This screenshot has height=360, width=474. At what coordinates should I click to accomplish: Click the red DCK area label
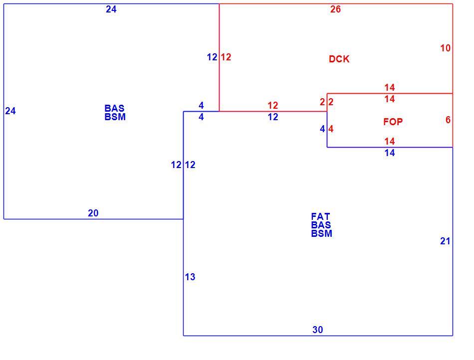pyautogui.click(x=339, y=59)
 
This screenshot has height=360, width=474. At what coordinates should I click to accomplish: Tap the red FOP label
pyautogui.click(x=393, y=122)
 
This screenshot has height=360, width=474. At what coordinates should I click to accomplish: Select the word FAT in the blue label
pyautogui.click(x=320, y=216)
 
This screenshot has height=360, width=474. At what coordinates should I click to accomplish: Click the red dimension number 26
pyautogui.click(x=335, y=9)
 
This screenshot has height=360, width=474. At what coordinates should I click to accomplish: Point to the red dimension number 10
pyautogui.click(x=445, y=48)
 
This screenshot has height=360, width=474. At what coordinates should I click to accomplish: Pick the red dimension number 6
pyautogui.click(x=448, y=120)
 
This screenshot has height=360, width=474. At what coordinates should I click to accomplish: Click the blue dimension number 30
pyautogui.click(x=318, y=330)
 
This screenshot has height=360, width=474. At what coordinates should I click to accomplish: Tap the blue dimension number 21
pyautogui.click(x=445, y=241)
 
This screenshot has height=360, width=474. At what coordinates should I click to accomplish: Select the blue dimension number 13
pyautogui.click(x=190, y=277)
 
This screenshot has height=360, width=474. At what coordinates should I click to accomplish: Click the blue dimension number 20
pyautogui.click(x=93, y=213)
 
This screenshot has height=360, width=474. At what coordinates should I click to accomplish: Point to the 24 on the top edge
pyautogui.click(x=111, y=9)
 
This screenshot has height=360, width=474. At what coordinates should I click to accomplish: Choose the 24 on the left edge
pyautogui.click(x=10, y=111)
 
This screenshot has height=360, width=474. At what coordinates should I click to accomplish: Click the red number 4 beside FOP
pyautogui.click(x=331, y=129)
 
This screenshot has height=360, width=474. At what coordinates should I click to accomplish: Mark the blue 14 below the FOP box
pyautogui.click(x=390, y=153)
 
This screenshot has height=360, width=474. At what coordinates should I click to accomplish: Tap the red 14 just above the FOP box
pyautogui.click(x=390, y=88)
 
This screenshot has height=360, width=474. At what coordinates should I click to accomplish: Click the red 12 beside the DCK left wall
pyautogui.click(x=226, y=57)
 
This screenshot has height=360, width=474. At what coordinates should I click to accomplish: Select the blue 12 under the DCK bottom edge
pyautogui.click(x=272, y=117)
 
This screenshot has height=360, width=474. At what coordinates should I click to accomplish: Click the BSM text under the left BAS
pyautogui.click(x=115, y=117)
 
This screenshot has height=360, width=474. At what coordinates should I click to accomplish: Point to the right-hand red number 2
pyautogui.click(x=331, y=102)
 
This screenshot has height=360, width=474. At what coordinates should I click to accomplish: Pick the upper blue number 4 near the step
pyautogui.click(x=202, y=105)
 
